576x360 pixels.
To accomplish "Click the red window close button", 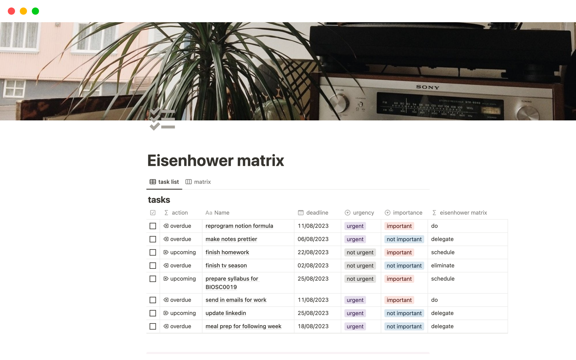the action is (11, 11).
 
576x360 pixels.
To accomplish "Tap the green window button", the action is (35, 11).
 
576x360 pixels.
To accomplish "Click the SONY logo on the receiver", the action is (427, 87).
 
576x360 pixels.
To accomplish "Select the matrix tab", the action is (198, 182).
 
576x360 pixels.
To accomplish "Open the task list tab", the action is (164, 182).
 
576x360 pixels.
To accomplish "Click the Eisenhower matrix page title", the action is (215, 160).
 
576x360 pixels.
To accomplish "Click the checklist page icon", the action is (162, 119).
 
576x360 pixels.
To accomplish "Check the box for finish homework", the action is (153, 253).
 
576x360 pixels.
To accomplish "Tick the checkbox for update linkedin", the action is (153, 313).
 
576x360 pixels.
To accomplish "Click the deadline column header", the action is (313, 213).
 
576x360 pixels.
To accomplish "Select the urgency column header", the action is (359, 213).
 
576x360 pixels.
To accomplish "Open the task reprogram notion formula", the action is (239, 226).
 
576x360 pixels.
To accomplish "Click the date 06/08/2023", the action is (313, 239).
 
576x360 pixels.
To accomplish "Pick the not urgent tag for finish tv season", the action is (360, 266).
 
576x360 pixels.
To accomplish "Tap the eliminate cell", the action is (442, 265).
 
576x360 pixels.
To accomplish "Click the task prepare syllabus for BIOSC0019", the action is (232, 283).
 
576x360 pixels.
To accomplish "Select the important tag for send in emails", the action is (399, 300).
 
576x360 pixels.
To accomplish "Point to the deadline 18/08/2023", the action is (313, 326).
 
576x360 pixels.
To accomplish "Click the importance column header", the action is (403, 213).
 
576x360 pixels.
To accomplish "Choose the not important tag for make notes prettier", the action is (404, 239).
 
